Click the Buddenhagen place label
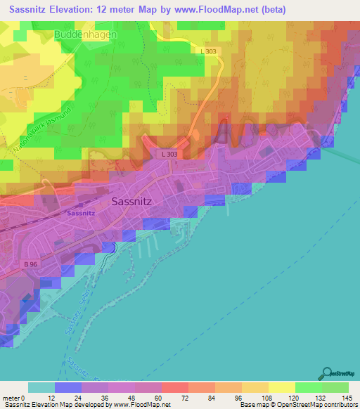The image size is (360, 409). tap(85, 34)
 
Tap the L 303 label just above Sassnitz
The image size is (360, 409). tap(169, 154)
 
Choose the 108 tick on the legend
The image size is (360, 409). tap(267, 398)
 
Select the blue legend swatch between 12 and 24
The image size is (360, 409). tap(68, 388)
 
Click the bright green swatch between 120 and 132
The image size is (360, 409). tap(308, 388)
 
